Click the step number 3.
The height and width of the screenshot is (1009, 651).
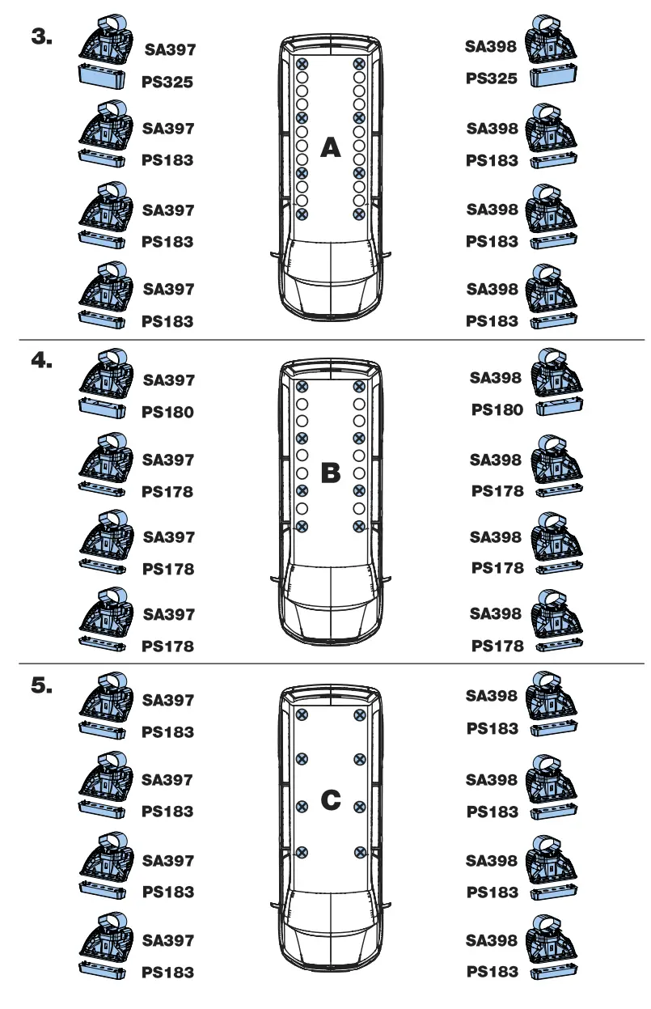(41, 38)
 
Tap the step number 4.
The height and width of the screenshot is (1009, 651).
(41, 361)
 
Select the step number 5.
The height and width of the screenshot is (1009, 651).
(41, 685)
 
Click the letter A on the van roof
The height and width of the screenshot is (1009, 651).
(331, 147)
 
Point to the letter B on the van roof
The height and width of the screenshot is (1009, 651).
(331, 473)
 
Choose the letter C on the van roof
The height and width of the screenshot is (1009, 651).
(331, 800)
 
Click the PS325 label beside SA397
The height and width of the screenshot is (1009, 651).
(167, 82)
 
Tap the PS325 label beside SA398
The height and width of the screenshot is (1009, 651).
(492, 80)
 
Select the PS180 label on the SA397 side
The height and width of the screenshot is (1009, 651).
(167, 412)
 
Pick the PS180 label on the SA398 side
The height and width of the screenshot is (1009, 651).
(497, 410)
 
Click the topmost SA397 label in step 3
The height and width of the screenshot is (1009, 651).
(170, 50)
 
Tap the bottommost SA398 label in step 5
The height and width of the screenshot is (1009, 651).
(492, 940)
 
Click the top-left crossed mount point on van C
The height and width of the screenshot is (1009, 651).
(302, 714)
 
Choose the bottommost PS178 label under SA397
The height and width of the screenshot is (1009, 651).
(167, 647)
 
